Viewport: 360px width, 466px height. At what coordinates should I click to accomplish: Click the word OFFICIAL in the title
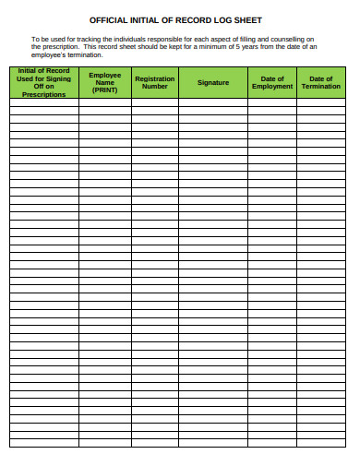pos(110,18)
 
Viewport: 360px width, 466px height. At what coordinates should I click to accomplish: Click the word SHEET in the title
pos(248,18)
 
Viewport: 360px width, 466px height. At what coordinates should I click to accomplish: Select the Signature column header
pos(212,83)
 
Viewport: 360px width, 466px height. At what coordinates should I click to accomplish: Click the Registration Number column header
pos(154,83)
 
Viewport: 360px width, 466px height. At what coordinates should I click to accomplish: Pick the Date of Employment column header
pos(272,83)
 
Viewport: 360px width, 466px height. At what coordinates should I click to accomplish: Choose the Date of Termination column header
pos(320,83)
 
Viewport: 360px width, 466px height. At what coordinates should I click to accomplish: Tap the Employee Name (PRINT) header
pos(104,83)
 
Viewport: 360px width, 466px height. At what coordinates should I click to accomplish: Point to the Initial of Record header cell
pos(43,83)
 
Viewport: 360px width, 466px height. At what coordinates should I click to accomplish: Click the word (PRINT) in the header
pos(104,90)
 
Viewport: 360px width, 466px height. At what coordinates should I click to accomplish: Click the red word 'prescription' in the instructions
pos(61,47)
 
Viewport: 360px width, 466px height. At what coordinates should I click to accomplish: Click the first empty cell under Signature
pos(212,103)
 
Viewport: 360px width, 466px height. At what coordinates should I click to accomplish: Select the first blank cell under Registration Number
pos(154,103)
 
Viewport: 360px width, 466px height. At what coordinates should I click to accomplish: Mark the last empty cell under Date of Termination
pos(320,442)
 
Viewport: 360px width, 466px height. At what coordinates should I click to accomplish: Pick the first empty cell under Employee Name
pos(104,103)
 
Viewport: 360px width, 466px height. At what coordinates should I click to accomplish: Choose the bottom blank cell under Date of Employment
pos(272,442)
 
